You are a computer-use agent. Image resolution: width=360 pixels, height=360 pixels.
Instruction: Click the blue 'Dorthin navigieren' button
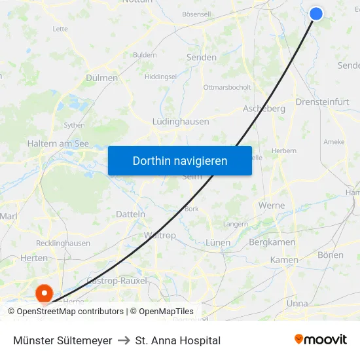point(180,160)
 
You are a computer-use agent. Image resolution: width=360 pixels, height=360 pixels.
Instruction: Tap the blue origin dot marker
point(316,13)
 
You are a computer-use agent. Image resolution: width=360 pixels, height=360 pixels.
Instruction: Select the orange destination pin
point(45,292)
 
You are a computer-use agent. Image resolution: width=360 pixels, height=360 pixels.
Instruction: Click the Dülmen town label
point(101,78)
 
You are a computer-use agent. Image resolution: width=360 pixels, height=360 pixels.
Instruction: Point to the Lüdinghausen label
point(181,122)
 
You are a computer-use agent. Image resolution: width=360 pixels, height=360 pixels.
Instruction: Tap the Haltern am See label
point(58,143)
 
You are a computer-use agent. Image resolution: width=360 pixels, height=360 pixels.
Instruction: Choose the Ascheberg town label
point(264,109)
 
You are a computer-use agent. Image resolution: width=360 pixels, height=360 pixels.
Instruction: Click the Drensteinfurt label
point(322,102)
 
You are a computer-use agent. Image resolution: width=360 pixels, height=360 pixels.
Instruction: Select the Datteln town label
point(130,214)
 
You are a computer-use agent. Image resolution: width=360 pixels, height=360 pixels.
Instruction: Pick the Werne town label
point(272,206)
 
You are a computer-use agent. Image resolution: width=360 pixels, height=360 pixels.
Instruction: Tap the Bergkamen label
point(273,243)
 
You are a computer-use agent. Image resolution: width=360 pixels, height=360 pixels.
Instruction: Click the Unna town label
point(297,304)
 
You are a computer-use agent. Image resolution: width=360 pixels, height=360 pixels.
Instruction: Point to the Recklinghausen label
point(63,243)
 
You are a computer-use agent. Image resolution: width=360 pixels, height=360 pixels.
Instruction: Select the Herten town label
point(34,259)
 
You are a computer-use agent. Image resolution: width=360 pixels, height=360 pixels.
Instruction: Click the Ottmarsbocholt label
point(227,87)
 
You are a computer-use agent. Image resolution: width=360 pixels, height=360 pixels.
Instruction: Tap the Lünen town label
point(218,243)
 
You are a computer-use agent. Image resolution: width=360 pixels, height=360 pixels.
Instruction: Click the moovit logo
point(320,340)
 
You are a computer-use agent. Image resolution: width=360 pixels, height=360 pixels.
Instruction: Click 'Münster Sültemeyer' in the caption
point(63,340)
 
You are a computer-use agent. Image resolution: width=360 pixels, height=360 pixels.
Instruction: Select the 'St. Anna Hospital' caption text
point(177,340)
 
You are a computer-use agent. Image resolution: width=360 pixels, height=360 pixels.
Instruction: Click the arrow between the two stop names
point(124,340)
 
